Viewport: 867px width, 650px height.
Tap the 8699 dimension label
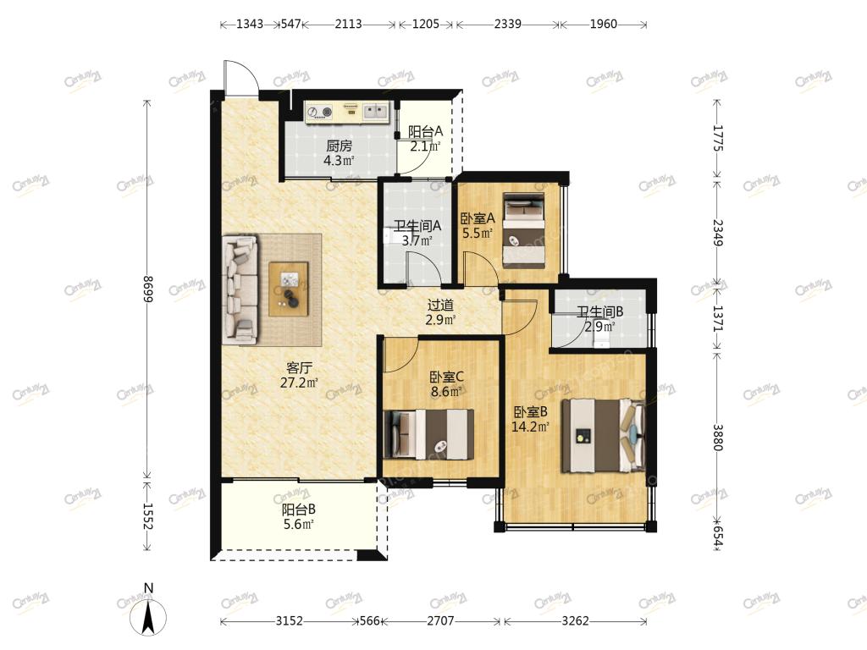(147, 289)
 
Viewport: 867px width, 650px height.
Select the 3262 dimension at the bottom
(575, 620)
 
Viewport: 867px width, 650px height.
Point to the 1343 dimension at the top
(250, 24)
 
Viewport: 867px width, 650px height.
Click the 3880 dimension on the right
(717, 438)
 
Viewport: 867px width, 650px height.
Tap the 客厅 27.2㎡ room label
(299, 374)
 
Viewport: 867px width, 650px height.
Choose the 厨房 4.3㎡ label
(339, 153)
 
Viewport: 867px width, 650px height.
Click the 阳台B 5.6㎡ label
(299, 517)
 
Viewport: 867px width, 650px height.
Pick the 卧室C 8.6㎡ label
(447, 384)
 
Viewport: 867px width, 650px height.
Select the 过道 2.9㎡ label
(440, 312)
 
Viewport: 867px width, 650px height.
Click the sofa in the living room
(240, 289)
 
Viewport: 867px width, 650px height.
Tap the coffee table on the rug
(288, 289)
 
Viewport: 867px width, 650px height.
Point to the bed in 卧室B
(603, 436)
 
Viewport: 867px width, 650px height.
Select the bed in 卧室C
(428, 434)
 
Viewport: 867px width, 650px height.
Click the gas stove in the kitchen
(319, 113)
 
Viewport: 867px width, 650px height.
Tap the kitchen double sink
(375, 112)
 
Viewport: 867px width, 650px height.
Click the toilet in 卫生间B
(602, 335)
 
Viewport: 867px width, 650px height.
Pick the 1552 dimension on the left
(147, 516)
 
